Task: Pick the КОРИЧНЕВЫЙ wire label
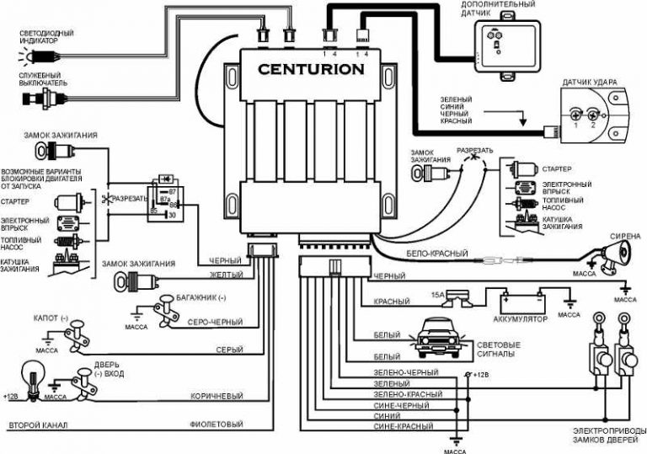coord(221,396)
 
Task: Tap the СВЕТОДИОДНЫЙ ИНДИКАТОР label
coord(47,37)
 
